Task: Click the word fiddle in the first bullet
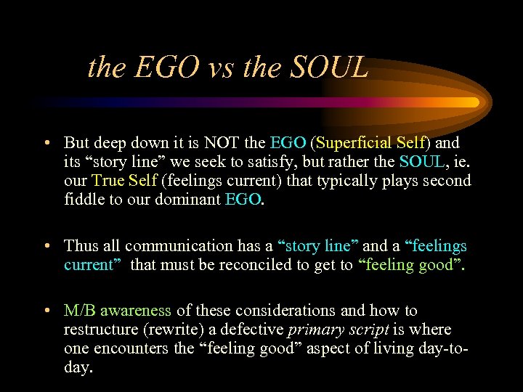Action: click(86, 200)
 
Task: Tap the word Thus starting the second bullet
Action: click(80, 246)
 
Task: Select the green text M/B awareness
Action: click(118, 311)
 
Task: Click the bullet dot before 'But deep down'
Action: click(46, 144)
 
